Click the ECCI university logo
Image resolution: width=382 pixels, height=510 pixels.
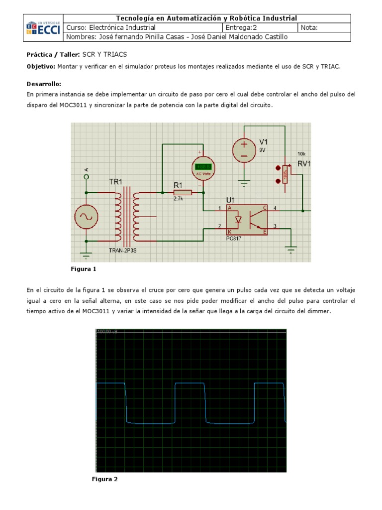tap(44, 28)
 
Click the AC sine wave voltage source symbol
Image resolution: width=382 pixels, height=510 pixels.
tap(86, 217)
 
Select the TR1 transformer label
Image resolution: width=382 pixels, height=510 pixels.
tap(115, 182)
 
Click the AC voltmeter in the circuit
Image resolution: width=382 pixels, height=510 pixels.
tap(203, 168)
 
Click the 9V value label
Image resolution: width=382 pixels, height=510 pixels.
tap(262, 149)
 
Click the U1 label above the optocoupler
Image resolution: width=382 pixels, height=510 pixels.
tap(231, 200)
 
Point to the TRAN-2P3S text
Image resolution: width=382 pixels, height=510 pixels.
tap(122, 250)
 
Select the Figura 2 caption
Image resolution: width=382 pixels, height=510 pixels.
tap(104, 479)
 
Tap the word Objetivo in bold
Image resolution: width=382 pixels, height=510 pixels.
tap(41, 66)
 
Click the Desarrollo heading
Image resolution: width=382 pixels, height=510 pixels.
tap(43, 84)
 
